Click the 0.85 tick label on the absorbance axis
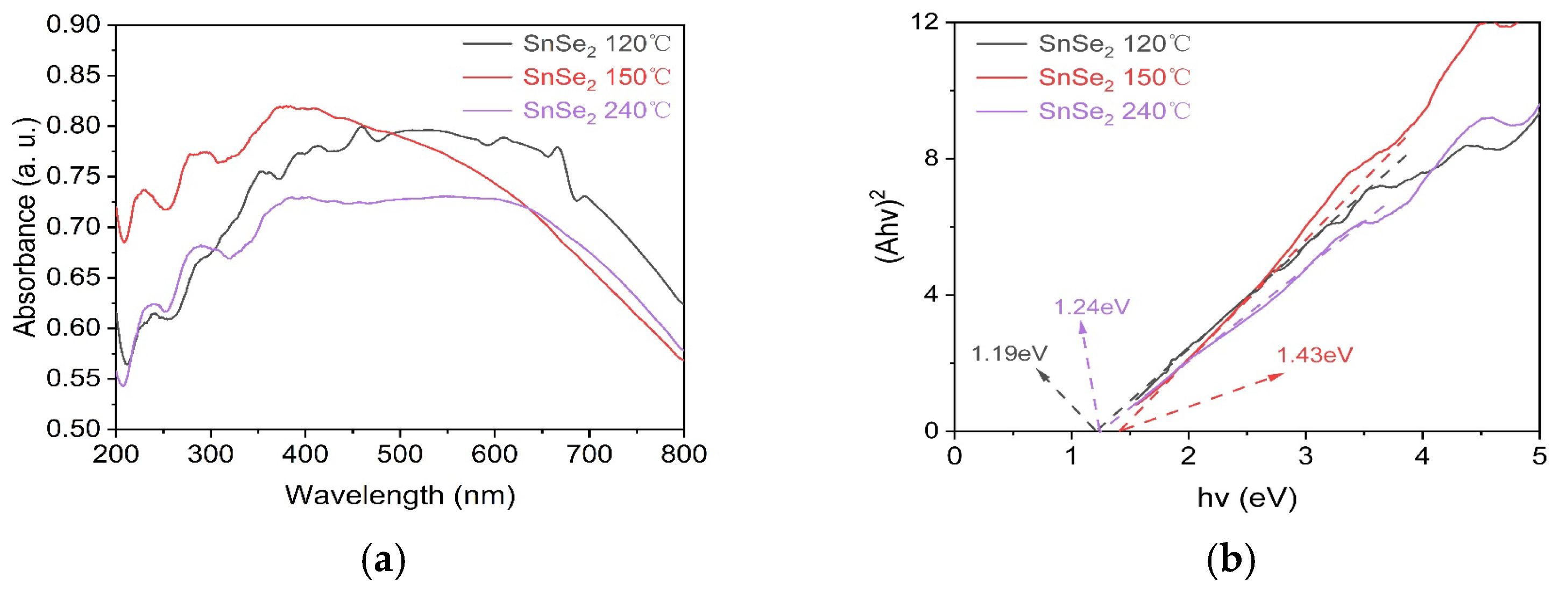click(73, 76)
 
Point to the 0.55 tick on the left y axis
click(73, 378)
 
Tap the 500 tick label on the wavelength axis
click(399, 454)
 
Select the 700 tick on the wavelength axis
click(589, 454)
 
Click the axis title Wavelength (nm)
click(400, 496)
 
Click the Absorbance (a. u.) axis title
click(25, 227)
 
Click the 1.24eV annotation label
click(1092, 307)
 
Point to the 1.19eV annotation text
click(1009, 354)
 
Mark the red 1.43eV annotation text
click(1315, 355)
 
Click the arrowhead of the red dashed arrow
click(1277, 377)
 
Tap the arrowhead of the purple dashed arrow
click(1081, 327)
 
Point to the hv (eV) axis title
click(1247, 498)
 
